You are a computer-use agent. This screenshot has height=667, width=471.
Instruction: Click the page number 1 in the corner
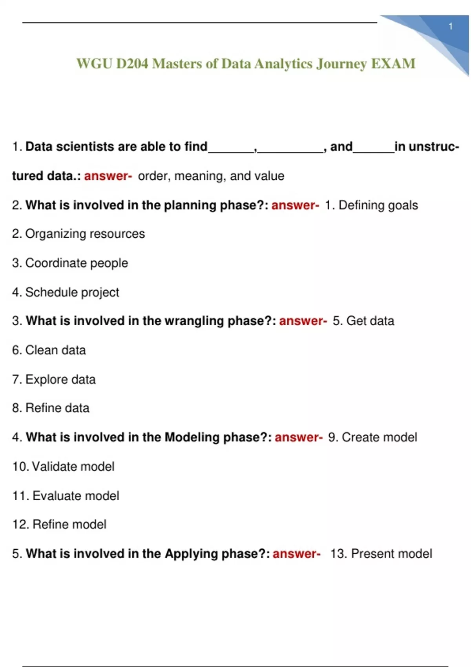pos(451,27)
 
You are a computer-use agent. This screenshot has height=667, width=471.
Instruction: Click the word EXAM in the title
pos(393,64)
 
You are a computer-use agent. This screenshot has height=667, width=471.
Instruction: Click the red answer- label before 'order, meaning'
pos(108,176)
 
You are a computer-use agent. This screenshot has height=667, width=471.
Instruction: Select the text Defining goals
pos(378,205)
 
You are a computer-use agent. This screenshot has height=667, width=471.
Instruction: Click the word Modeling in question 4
pos(192,437)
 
